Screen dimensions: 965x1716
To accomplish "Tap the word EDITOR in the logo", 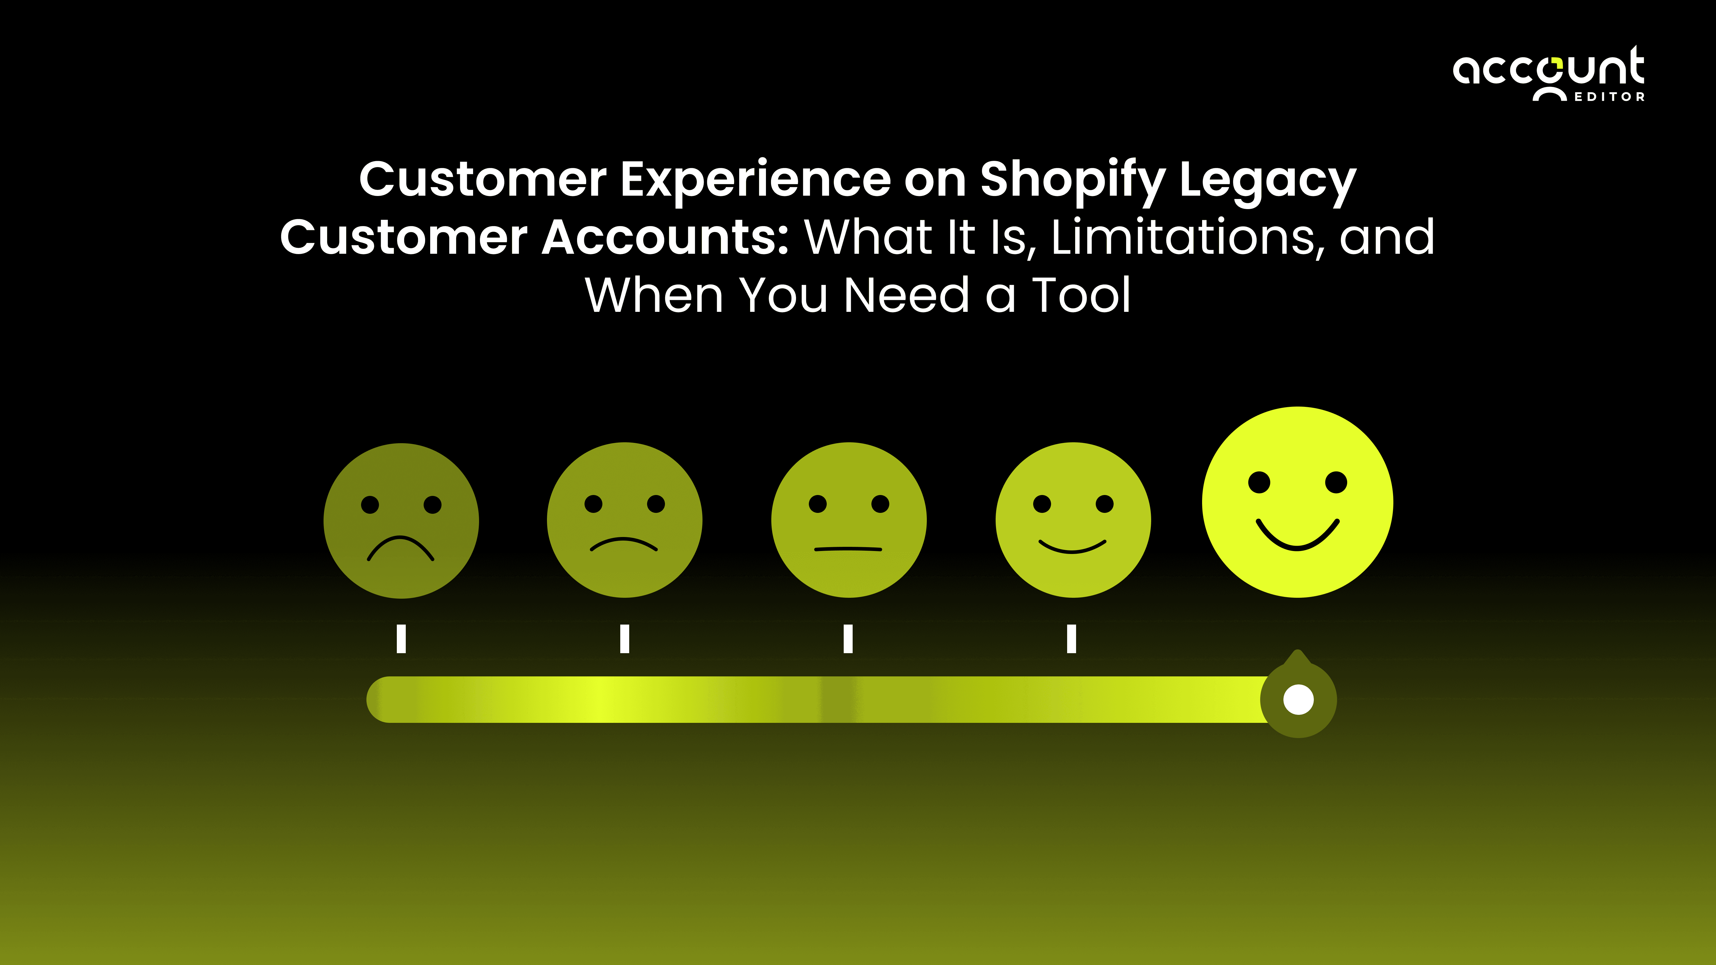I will pyautogui.click(x=1609, y=97).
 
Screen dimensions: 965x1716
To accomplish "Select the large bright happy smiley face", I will pyautogui.click(x=1297, y=502).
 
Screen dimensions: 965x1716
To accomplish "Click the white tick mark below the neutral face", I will pyautogui.click(x=848, y=639).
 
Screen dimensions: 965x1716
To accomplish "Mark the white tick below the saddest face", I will pyautogui.click(x=401, y=639).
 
